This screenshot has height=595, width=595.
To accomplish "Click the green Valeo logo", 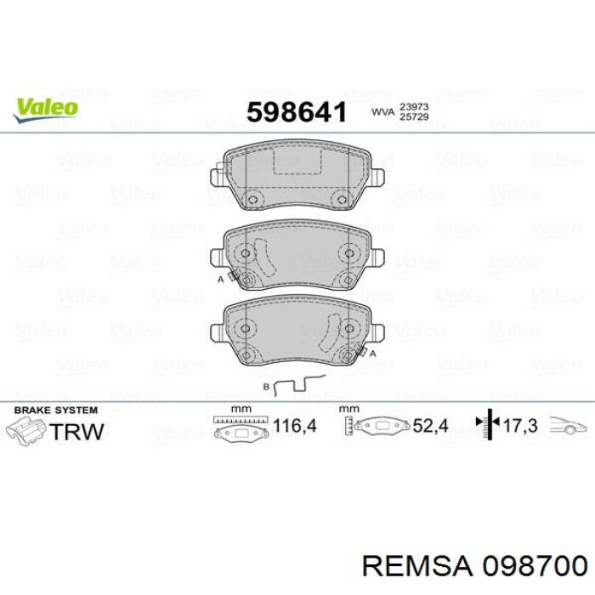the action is (x=46, y=110).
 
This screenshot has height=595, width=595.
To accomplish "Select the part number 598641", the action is (x=297, y=113).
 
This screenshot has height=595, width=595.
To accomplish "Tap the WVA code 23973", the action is (x=414, y=106).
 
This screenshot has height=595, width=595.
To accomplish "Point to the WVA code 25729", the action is (x=414, y=116).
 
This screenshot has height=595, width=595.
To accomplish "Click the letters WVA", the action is (x=382, y=112).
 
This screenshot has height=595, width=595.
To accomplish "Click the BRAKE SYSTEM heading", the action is (x=56, y=411).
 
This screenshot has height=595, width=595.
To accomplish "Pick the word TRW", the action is (x=76, y=432).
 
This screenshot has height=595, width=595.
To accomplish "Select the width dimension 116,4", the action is (x=294, y=426).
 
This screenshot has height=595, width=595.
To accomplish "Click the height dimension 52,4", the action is (x=430, y=426).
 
